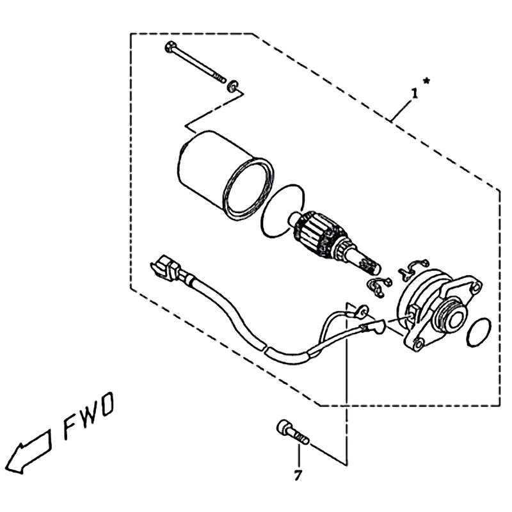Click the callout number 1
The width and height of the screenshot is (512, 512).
(x=414, y=93)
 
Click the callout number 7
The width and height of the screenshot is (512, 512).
(x=297, y=476)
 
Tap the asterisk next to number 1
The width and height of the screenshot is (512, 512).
(x=426, y=81)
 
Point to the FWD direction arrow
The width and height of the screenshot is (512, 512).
(x=29, y=451)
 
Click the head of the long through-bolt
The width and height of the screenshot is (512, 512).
(x=170, y=47)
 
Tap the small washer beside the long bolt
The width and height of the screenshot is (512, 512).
(x=232, y=85)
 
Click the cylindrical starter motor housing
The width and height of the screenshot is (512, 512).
(x=225, y=175)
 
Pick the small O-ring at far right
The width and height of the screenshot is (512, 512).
(x=479, y=332)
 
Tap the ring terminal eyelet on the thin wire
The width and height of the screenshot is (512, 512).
(x=362, y=311)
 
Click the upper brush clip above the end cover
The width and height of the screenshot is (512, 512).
(x=413, y=269)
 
